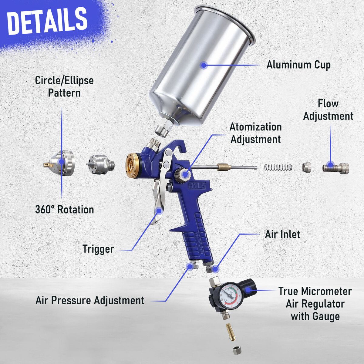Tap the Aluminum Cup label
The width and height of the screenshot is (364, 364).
(x=298, y=65)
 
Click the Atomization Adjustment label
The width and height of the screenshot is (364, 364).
(x=256, y=133)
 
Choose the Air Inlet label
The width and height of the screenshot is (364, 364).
(x=282, y=234)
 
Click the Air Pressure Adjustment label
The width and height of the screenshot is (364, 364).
(x=90, y=300)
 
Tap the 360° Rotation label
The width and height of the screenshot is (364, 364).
(x=64, y=210)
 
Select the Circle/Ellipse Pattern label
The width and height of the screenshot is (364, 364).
(x=64, y=87)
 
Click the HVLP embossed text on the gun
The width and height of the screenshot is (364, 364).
(x=197, y=186)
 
